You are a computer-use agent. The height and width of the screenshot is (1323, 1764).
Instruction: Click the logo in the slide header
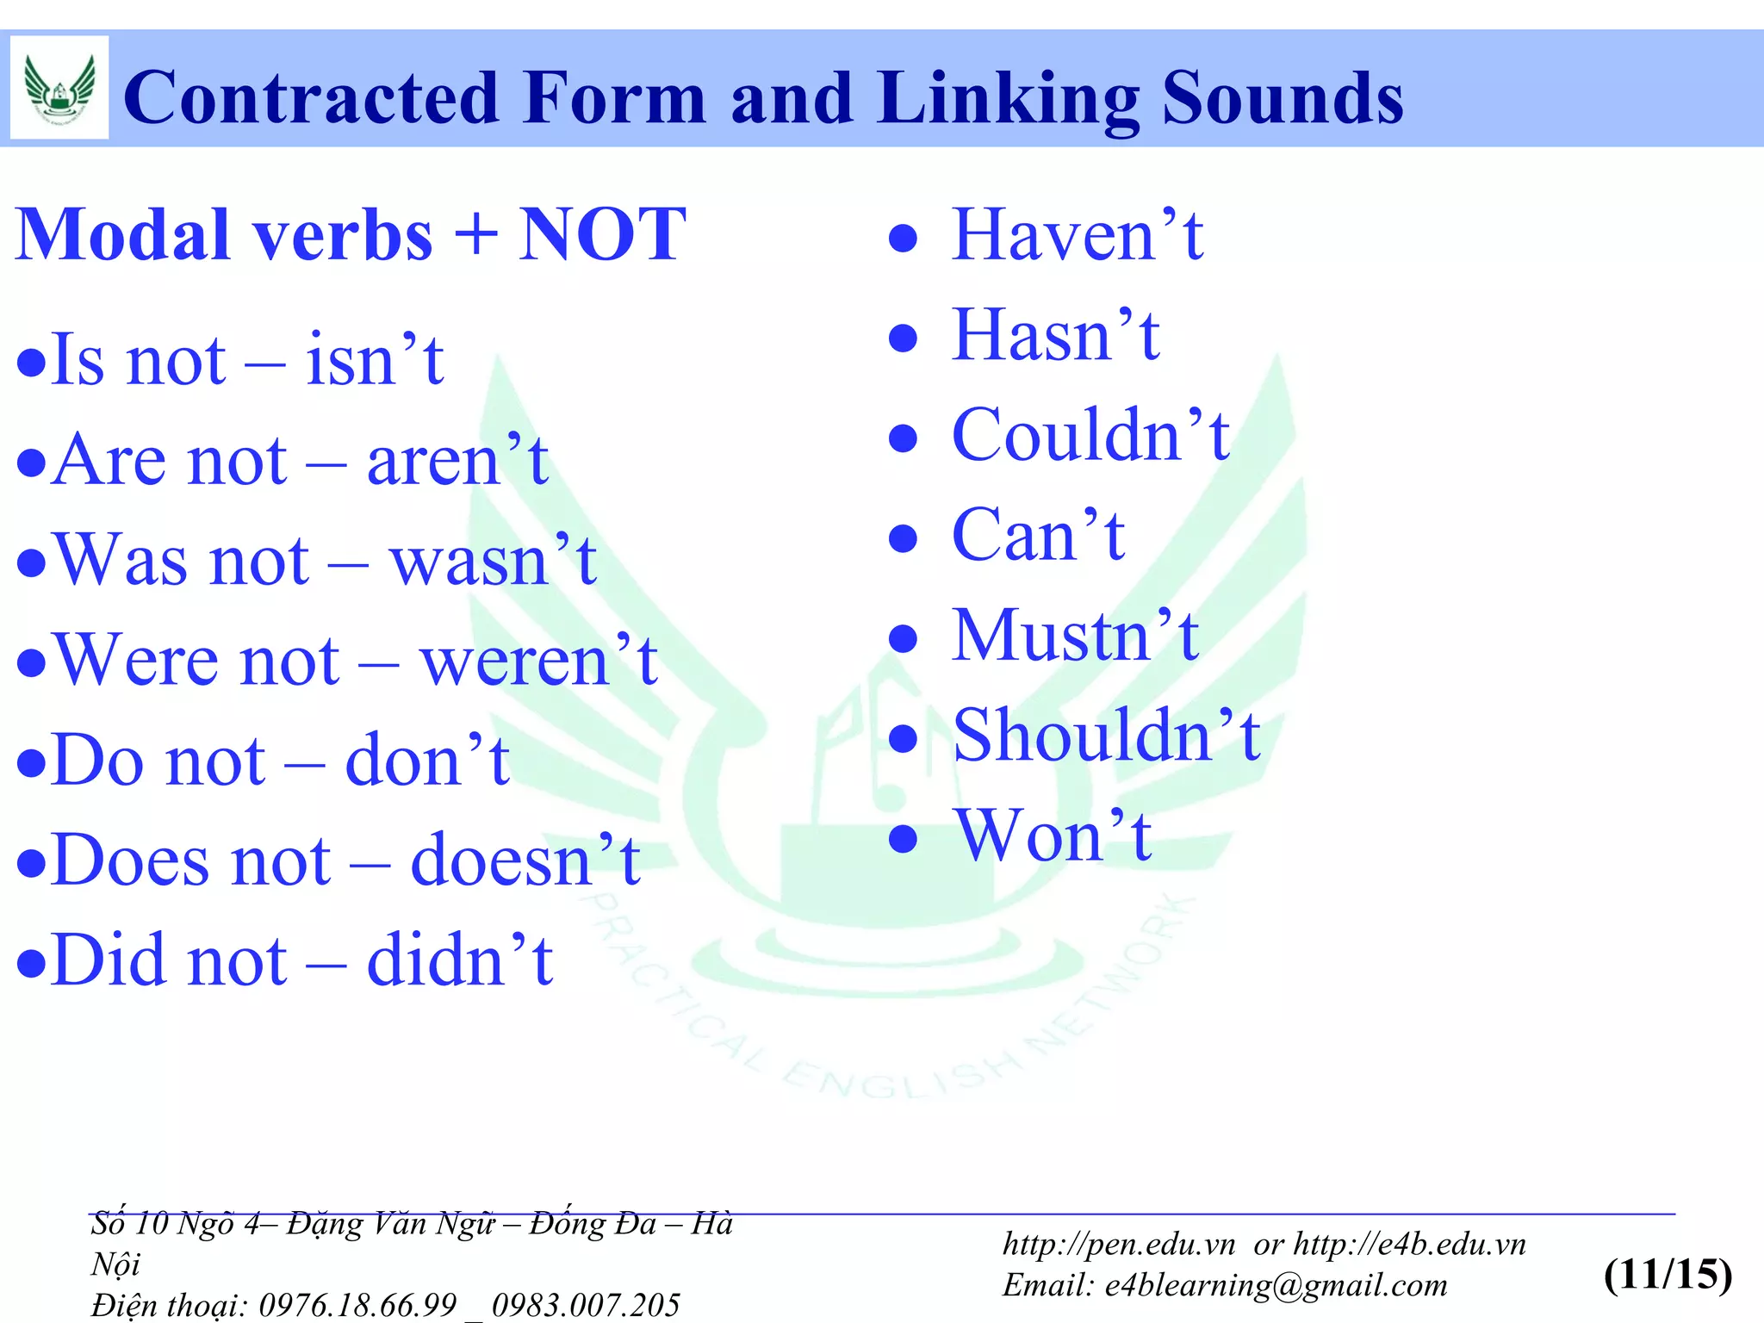pos(59,87)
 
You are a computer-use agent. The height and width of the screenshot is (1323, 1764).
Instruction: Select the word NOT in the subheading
pos(602,234)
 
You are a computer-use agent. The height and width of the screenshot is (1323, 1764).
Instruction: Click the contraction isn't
pos(375,359)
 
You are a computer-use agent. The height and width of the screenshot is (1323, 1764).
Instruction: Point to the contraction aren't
pos(457,460)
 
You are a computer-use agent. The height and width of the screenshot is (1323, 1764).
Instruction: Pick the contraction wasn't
pos(494,560)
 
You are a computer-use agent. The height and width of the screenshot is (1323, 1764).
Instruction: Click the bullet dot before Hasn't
pos(903,338)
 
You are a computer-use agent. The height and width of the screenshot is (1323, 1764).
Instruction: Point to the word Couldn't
pos(1090,435)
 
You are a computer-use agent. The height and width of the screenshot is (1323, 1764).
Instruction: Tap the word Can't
pos(1039,535)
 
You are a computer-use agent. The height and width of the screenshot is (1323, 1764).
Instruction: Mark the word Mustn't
pos(1075,635)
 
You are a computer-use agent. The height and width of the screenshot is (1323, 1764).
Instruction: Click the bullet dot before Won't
pos(903,838)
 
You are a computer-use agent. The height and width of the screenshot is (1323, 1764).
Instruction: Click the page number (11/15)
pos(1668,1274)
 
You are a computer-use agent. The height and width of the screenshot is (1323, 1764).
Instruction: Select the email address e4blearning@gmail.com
pos(1276,1285)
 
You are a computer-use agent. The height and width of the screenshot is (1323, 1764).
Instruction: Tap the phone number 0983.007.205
pos(586,1305)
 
